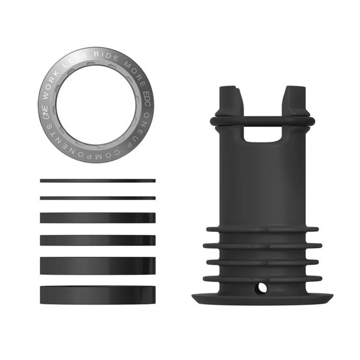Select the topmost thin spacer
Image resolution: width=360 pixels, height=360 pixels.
[x=98, y=181]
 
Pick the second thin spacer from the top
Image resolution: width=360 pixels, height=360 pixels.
[x=98, y=198]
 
